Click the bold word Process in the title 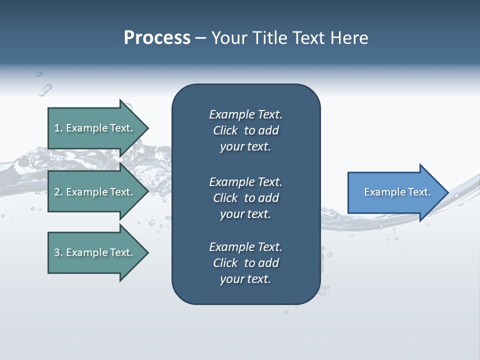pos(157,37)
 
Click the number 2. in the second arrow pos(58,192)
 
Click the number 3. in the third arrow pos(58,252)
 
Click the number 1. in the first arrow pos(58,128)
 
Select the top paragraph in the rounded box pos(245,130)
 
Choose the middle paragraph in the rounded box pos(245,198)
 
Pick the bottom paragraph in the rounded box pos(245,263)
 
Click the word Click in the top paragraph pos(225,130)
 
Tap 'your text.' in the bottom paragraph pos(245,279)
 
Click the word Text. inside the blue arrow pos(418,192)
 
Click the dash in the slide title pos(200,38)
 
